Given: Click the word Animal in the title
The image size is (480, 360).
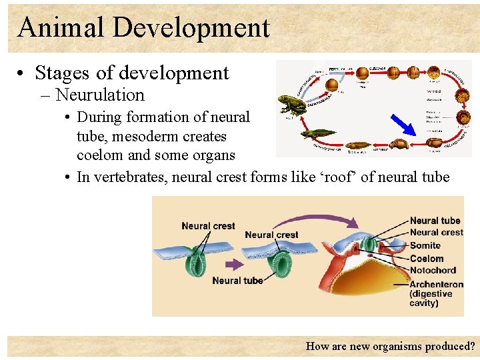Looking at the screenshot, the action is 61,27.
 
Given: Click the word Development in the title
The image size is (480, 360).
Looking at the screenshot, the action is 191,27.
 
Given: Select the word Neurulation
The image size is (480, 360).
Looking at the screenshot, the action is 100,95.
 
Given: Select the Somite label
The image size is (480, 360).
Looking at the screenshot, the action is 425,245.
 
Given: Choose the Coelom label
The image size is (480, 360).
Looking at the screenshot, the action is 427,258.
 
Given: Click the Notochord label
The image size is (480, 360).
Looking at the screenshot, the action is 433,270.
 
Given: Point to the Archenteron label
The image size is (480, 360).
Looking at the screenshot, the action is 437,285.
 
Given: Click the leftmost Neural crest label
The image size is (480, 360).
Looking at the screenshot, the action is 208,226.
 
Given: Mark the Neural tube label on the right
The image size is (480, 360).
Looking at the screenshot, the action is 435,221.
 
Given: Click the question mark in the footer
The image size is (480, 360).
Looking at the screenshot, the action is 472,346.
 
